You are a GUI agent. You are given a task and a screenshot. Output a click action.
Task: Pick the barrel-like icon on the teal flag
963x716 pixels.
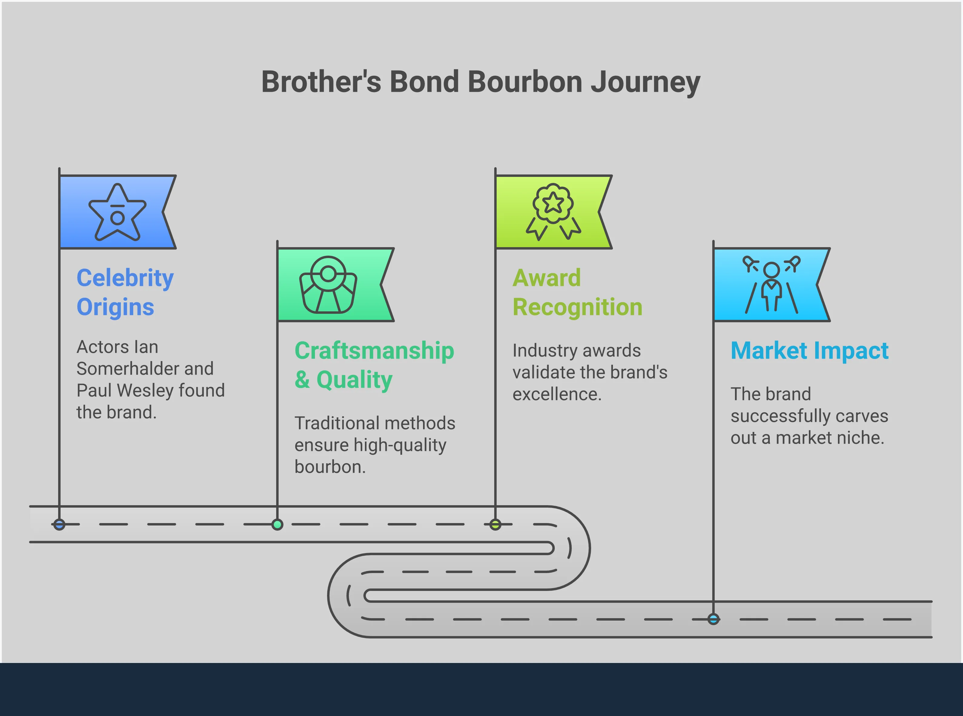[x=328, y=285]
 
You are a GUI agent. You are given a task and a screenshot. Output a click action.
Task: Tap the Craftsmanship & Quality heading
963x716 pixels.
[x=374, y=365]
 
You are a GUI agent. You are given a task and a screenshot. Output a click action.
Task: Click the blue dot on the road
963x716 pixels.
[x=59, y=525]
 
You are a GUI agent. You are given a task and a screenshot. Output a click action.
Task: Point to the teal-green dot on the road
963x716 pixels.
[x=277, y=525]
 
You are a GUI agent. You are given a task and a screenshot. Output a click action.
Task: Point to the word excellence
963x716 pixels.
[x=557, y=394]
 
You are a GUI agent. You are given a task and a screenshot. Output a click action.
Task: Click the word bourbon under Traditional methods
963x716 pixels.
[x=329, y=467]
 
